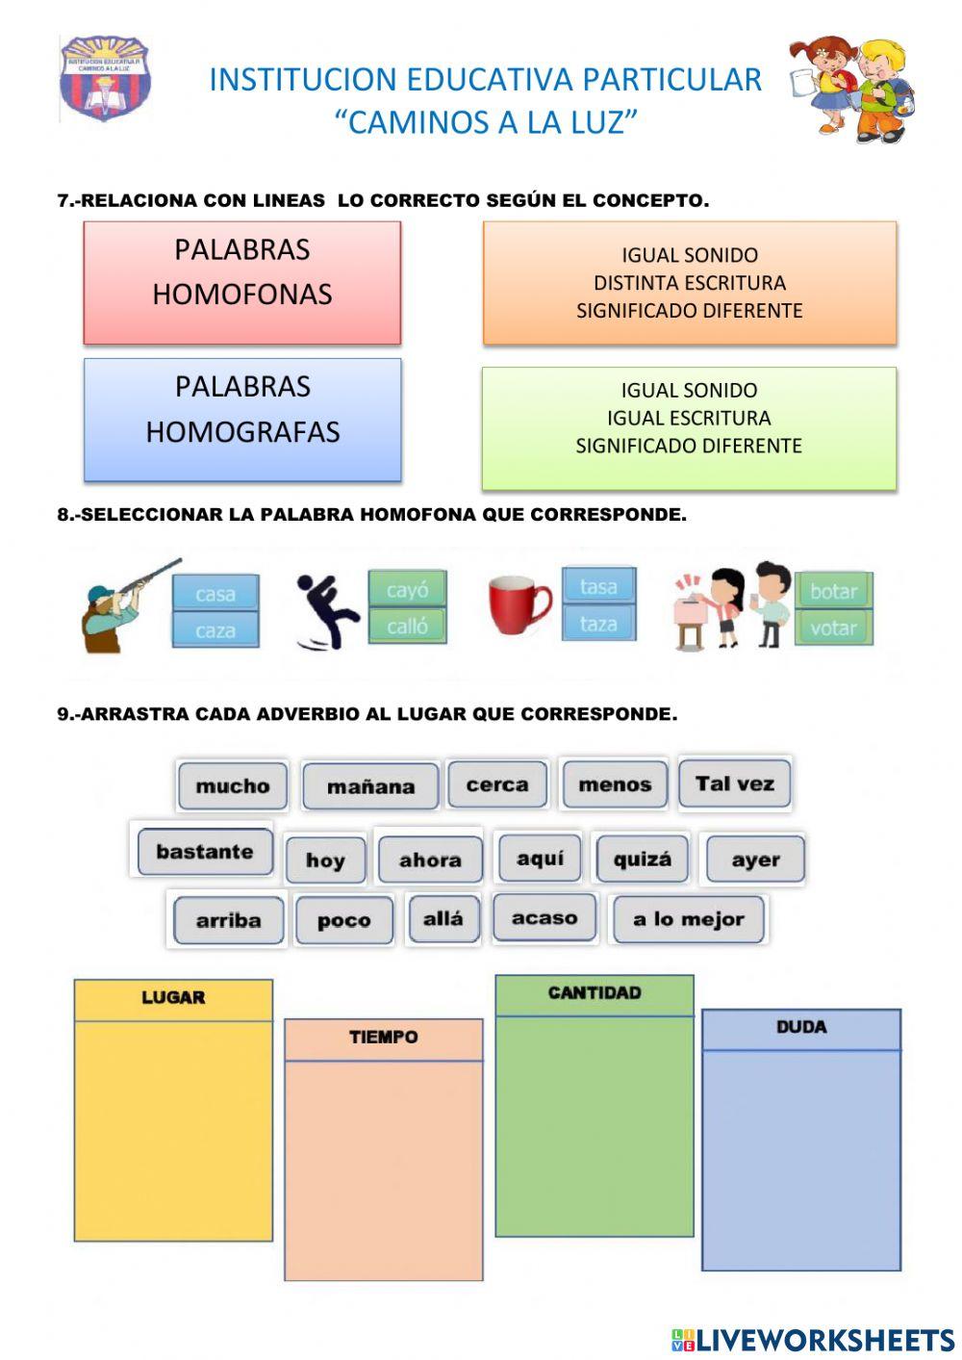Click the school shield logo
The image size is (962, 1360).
coord(105,78)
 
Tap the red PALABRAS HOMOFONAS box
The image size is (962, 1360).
coord(242,283)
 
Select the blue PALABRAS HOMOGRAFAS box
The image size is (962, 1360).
coord(242,420)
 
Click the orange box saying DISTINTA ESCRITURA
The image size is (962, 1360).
coord(689,283)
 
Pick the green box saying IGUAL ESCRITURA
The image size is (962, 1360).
coord(689,428)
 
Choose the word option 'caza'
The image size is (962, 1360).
coord(215,630)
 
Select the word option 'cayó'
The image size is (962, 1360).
coord(407,589)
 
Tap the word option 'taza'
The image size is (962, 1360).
coord(597,624)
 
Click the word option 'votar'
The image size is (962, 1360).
coord(833,629)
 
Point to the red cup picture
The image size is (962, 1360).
coord(519,605)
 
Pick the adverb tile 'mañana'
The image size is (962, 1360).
coord(370,786)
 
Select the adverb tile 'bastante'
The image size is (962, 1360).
coord(204,852)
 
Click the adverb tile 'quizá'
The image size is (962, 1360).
coord(642,859)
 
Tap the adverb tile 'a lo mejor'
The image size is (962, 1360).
coord(689,919)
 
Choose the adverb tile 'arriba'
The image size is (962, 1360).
coord(228,920)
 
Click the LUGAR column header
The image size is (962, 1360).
coord(173,998)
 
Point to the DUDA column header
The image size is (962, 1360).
coord(801,1028)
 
